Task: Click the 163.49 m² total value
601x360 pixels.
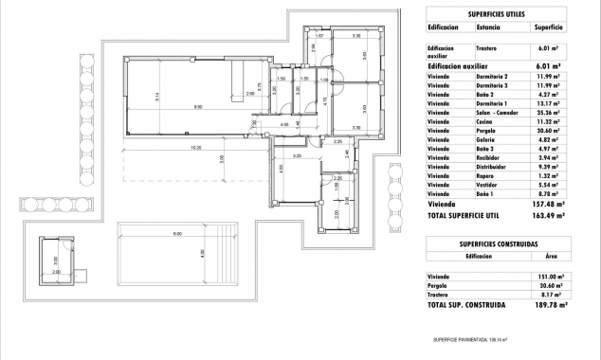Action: click(548, 216)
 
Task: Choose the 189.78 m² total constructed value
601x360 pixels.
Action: click(549, 305)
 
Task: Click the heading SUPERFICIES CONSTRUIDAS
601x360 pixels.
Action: click(498, 244)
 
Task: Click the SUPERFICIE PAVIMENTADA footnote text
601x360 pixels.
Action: click(470, 338)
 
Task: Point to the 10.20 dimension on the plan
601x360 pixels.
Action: click(195, 148)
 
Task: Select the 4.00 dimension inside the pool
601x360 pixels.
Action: click(202, 253)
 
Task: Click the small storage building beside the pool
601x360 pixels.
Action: click(57, 256)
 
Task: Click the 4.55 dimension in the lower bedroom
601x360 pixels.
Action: click(282, 169)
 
